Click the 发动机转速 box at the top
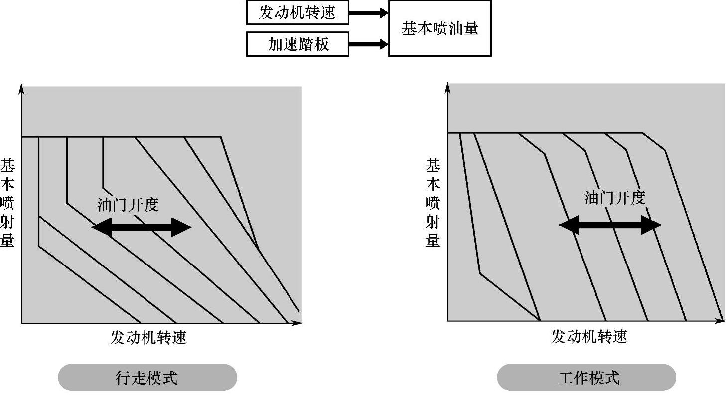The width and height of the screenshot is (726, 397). point(297,13)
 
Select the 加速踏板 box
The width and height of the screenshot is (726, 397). point(297,44)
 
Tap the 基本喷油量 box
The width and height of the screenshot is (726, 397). point(439,28)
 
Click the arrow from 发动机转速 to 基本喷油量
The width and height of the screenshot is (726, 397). point(368,13)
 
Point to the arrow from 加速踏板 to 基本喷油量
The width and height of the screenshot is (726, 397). point(368,44)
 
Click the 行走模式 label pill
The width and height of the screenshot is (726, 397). point(147,378)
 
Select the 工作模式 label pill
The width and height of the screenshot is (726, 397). point(586,377)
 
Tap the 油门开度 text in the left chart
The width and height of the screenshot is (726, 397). point(128,205)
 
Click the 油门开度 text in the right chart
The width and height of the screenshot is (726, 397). point(614,198)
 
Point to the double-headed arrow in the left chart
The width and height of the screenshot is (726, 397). point(142,228)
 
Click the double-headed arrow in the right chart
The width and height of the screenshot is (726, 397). point(610,225)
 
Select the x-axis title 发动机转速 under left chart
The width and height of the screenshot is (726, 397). point(148,338)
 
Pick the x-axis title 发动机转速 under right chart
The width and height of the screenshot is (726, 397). point(588,337)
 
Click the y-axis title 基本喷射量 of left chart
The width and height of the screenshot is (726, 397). point(7,203)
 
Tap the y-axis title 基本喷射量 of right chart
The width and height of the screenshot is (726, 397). point(433,203)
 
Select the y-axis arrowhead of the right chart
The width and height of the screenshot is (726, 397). point(447,87)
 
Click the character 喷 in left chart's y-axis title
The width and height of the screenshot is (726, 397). point(7,203)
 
